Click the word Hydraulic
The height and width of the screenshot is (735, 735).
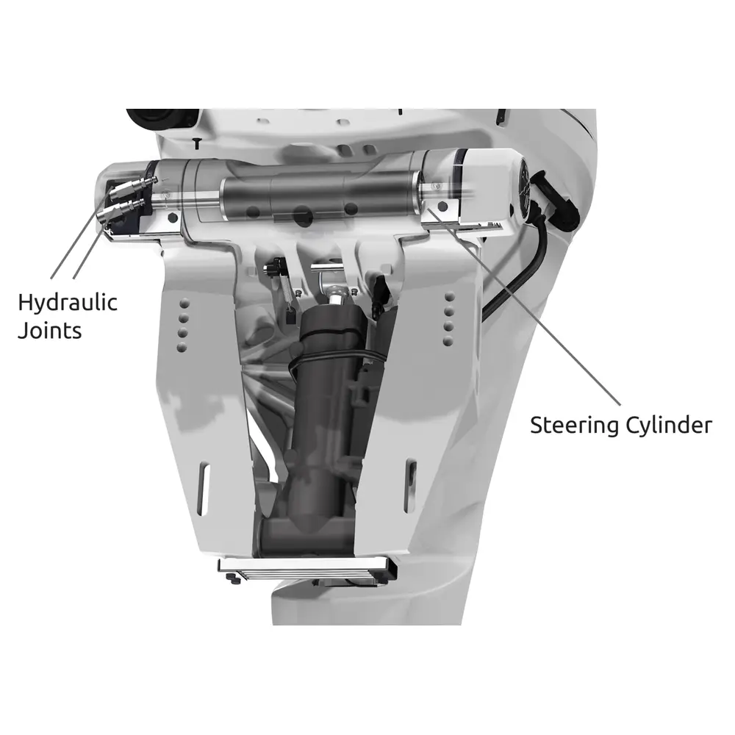[x=68, y=304]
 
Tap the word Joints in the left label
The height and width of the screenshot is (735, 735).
[x=50, y=331]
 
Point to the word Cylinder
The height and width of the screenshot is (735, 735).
[x=669, y=425]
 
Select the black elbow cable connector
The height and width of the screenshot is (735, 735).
[x=557, y=200]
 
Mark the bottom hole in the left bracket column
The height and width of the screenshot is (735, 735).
[x=182, y=348]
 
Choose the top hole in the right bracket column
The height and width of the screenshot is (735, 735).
[x=450, y=297]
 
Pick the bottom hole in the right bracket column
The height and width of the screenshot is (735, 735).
[x=448, y=341]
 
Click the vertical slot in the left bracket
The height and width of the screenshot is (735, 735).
[x=204, y=489]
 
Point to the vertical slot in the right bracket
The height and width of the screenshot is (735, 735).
[x=411, y=486]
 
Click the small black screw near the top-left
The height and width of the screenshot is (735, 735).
[x=197, y=143]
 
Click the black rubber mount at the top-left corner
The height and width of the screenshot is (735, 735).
[x=163, y=118]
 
